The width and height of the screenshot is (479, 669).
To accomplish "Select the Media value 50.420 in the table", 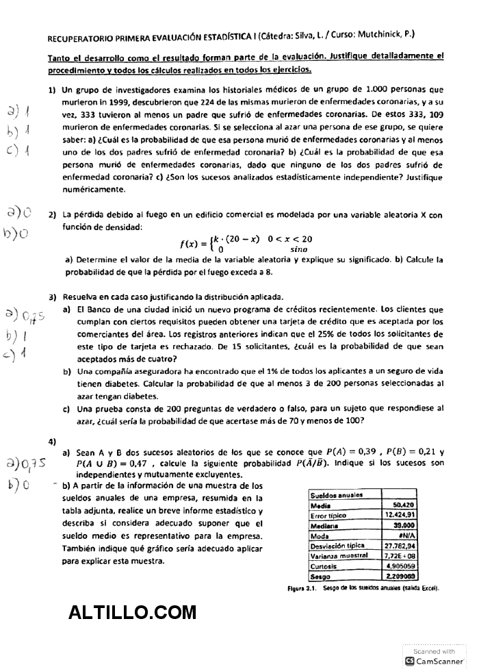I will pos(405,505).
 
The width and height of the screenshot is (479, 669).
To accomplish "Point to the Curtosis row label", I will pos(323,566).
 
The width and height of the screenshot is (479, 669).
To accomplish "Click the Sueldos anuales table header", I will pos(337,494).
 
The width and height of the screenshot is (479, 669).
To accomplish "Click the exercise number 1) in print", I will pos(52,90).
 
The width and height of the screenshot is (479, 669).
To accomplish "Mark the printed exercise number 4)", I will pos(52,440).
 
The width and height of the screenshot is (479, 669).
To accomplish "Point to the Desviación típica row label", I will pos(338,546).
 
